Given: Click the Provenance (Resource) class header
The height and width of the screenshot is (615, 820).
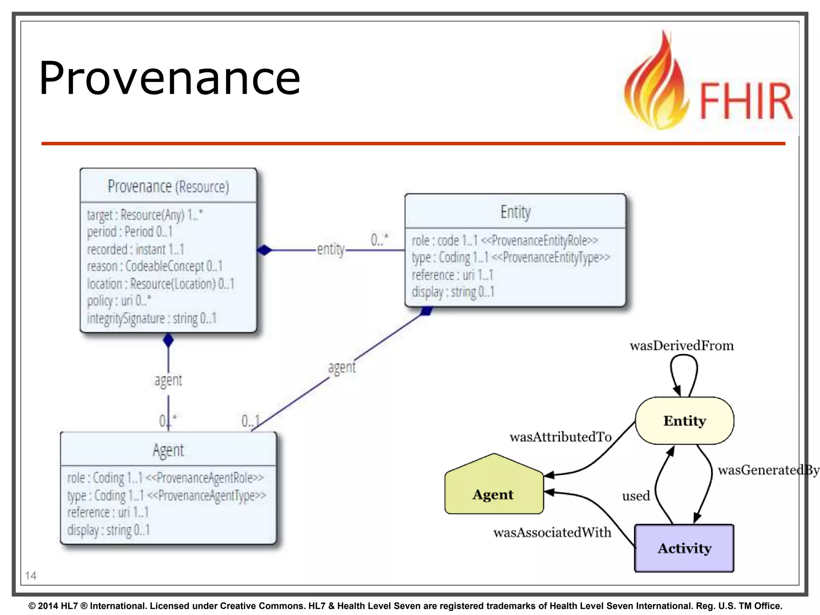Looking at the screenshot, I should [168, 186].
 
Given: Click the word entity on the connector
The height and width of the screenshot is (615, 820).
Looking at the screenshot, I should [331, 249].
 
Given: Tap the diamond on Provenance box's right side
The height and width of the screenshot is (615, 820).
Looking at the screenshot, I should [264, 250].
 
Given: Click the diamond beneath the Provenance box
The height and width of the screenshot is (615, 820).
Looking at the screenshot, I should [168, 340].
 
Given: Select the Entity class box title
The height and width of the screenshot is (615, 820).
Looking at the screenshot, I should [515, 212].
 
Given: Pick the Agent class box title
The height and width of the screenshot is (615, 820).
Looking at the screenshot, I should [168, 450].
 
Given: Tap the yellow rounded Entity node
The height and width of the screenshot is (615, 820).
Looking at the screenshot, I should [685, 421].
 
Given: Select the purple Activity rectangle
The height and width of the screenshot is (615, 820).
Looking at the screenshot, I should [685, 548].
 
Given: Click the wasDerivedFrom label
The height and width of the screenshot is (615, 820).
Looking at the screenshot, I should [681, 346].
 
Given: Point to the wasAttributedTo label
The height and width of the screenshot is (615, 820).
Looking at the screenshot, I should [561, 437].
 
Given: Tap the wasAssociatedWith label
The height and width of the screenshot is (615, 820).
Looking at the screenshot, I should [552, 533].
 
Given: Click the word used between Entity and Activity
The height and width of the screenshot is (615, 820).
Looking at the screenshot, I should [636, 496].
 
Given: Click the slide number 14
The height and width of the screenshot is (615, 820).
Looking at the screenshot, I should [30, 576].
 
